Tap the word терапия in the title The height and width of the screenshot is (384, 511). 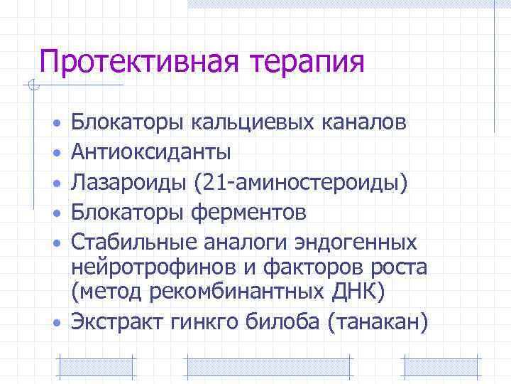coord(307,62)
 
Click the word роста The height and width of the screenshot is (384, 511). coord(402,268)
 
